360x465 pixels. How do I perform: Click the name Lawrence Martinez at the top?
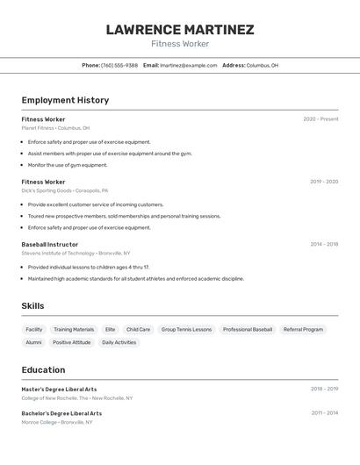[x=180, y=30]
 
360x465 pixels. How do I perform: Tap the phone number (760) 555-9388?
[x=119, y=65]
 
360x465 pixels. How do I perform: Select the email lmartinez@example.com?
[x=188, y=65]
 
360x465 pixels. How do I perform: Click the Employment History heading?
[x=65, y=100]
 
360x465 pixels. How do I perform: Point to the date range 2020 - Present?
[x=320, y=119]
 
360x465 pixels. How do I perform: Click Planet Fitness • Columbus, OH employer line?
[x=55, y=128]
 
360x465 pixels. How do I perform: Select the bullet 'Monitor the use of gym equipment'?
[x=68, y=165]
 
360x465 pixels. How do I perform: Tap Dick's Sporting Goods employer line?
[x=65, y=190]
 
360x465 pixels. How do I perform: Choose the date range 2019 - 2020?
[x=324, y=182]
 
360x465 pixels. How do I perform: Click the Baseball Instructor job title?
[x=50, y=245]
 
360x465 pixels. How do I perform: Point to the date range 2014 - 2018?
[x=324, y=245]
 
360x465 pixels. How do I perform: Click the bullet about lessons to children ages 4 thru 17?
[x=88, y=267]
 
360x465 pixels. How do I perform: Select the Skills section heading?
[x=32, y=306]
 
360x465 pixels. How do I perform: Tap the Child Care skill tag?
[x=138, y=330]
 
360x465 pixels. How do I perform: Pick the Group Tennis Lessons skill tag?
[x=186, y=330]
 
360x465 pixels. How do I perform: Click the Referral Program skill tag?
[x=303, y=330]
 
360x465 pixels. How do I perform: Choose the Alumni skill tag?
[x=33, y=342]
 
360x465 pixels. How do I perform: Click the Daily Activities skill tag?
[x=119, y=342]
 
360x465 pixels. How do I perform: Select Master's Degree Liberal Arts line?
[x=59, y=389]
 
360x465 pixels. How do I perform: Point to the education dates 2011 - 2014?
[x=324, y=413]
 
